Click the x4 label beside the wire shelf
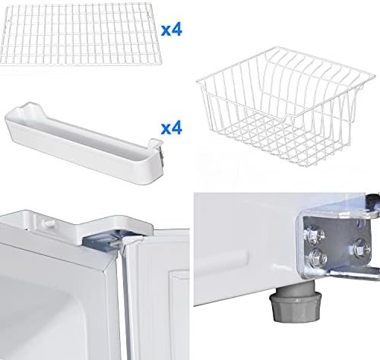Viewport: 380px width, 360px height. pos(172,30)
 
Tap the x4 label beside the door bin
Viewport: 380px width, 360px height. pos(172,128)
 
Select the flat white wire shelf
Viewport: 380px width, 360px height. pos(81,36)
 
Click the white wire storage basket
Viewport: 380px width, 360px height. pos(286,106)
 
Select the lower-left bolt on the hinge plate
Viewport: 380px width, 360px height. pos(318,258)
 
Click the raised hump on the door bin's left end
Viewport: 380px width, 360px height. pos(32,108)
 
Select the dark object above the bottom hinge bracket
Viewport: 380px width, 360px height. pos(373,203)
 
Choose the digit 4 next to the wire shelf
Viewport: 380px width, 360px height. pos(176,30)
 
